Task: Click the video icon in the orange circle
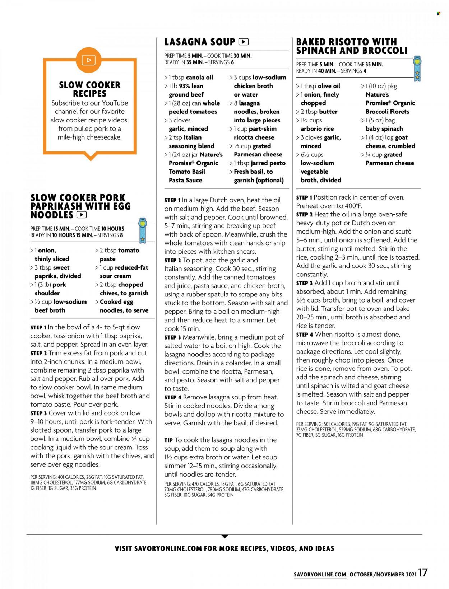[x=89, y=60]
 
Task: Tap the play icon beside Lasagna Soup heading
[x=244, y=42]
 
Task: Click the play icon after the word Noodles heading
[x=82, y=215]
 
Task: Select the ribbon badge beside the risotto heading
[x=417, y=69]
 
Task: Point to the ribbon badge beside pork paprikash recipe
[x=143, y=230]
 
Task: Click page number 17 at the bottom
[x=423, y=572]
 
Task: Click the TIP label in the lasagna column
[x=168, y=440]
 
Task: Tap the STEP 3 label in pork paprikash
[x=39, y=413]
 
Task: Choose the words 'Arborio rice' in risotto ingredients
[x=317, y=129]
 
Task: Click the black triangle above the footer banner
[x=224, y=536]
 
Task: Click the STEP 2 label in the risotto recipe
[x=304, y=215]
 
